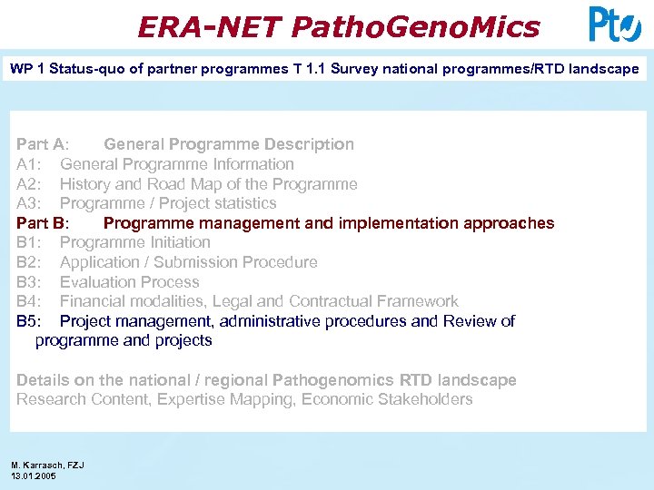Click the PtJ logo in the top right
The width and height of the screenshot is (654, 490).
click(x=614, y=24)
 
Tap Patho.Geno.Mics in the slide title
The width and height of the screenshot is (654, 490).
click(x=415, y=26)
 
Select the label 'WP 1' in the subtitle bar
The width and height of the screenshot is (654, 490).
click(x=26, y=69)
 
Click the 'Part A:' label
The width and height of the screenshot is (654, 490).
click(x=42, y=144)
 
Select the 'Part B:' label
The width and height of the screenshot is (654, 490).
click(x=42, y=223)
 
